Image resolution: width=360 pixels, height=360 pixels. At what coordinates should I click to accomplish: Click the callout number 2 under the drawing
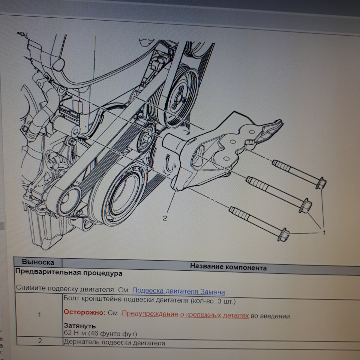[165, 218]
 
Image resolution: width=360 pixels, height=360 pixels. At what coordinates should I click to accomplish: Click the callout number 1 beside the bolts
[324, 233]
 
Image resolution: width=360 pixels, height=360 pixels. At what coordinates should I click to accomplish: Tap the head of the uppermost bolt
[321, 183]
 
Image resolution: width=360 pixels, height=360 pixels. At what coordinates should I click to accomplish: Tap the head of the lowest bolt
[283, 234]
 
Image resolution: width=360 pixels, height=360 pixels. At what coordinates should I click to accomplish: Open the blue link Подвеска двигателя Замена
[178, 291]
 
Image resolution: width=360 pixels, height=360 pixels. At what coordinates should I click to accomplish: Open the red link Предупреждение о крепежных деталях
[185, 314]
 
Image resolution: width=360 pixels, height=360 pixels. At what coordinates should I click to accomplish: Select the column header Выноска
[38, 262]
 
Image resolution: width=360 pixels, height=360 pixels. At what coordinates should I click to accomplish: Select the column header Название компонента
[228, 267]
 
